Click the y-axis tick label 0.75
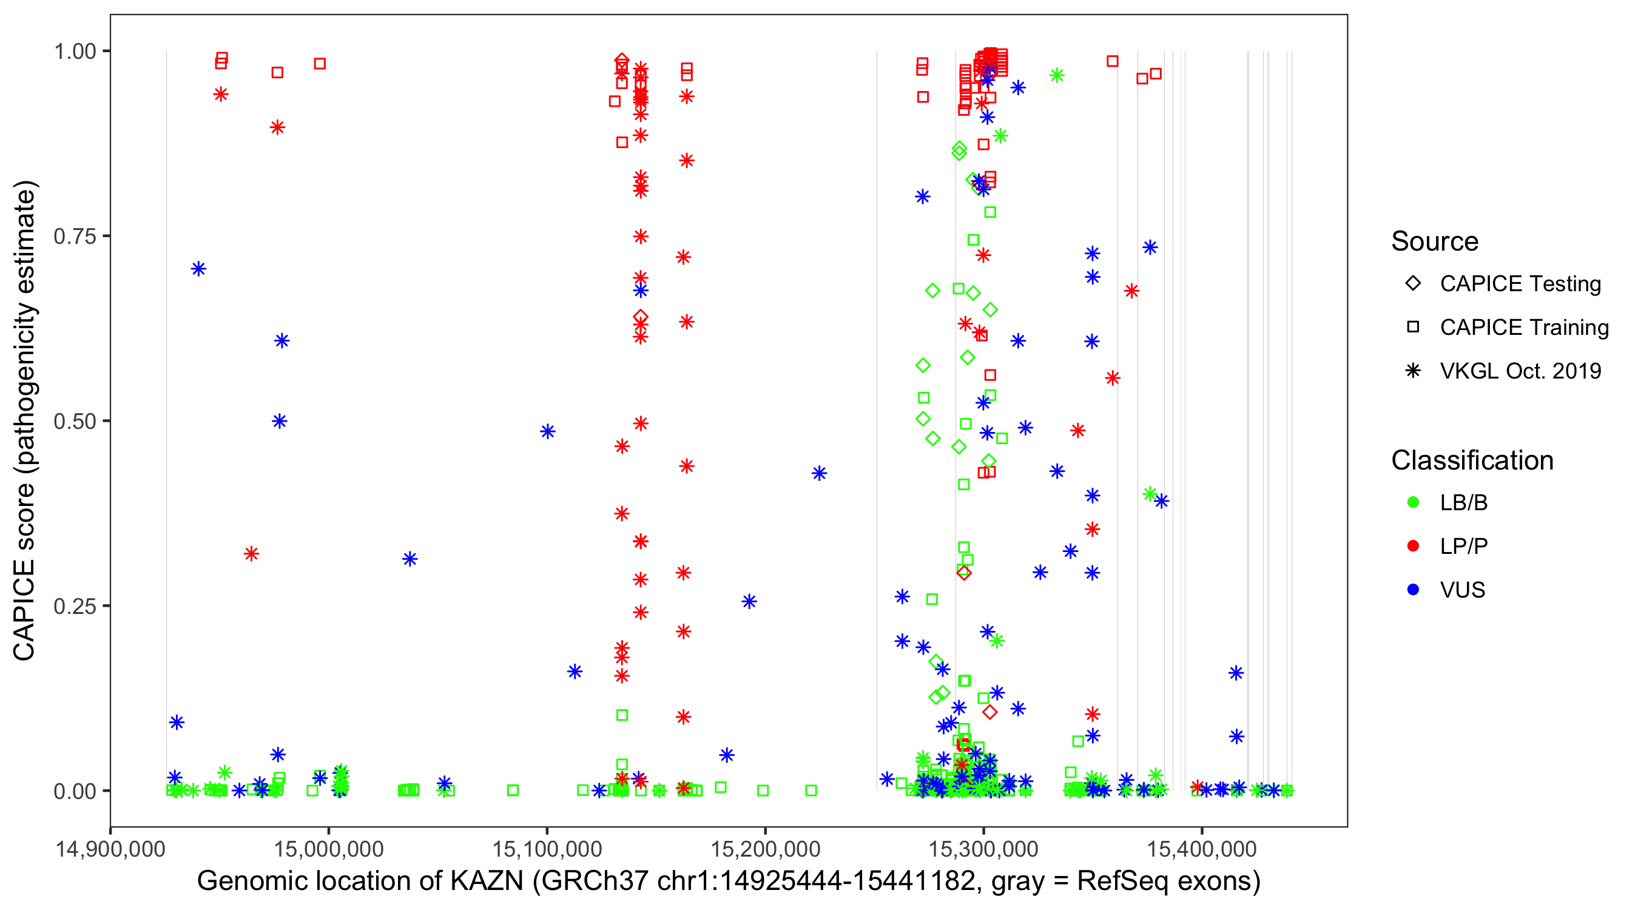click(74, 237)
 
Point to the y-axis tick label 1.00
click(74, 52)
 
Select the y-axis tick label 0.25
click(74, 606)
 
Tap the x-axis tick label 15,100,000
click(547, 848)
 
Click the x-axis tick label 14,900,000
click(110, 848)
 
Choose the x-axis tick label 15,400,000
click(1202, 848)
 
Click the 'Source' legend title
click(1435, 241)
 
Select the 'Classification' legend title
click(1472, 460)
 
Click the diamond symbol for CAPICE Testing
click(1414, 284)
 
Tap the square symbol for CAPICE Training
click(1414, 328)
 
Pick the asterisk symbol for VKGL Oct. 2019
click(1414, 371)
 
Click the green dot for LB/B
click(1414, 502)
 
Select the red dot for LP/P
click(1414, 546)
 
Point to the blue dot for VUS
click(1414, 590)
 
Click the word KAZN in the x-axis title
click(487, 881)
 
